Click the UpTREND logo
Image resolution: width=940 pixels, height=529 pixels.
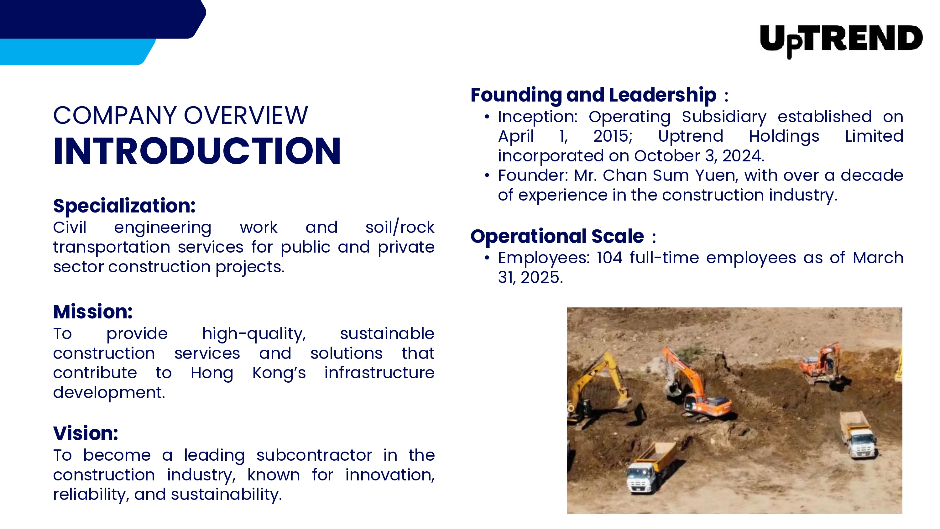841,40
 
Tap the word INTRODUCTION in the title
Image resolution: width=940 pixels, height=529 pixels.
197,151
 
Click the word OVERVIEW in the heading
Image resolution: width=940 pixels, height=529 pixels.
246,115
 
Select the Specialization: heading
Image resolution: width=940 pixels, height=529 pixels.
124,206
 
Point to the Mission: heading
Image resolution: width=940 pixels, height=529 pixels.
93,312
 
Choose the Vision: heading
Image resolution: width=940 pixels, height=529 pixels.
86,433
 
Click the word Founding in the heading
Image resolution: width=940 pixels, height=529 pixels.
516,96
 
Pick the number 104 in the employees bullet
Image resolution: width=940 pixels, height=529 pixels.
609,258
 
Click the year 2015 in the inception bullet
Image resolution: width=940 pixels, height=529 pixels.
613,137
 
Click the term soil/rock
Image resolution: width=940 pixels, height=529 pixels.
400,227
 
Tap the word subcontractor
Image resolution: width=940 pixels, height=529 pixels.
314,455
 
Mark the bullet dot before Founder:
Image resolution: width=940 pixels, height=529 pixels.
487,175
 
